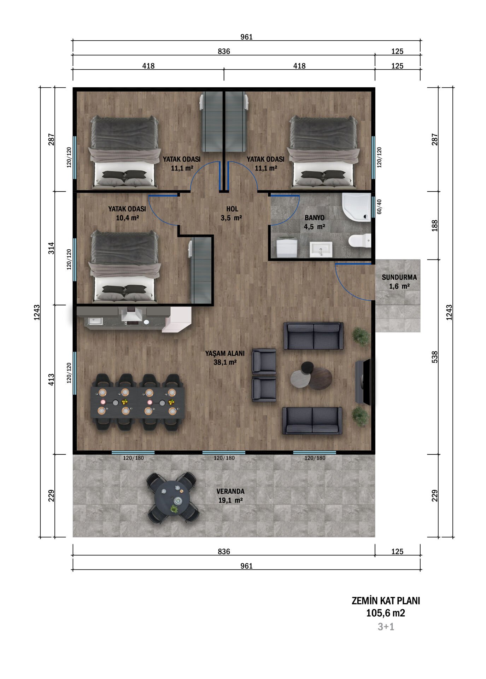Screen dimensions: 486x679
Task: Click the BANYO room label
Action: (314, 217)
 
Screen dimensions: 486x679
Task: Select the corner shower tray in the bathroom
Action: (356, 207)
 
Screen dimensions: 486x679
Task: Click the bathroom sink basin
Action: (321, 249)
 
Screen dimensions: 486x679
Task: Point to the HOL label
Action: (232, 209)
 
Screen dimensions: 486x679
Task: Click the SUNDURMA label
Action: (399, 277)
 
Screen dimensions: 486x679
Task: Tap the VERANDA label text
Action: (230, 491)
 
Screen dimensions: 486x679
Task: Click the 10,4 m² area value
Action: (127, 218)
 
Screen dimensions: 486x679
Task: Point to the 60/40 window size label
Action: (379, 207)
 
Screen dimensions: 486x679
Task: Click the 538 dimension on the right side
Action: (435, 357)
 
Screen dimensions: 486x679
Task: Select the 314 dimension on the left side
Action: (52, 248)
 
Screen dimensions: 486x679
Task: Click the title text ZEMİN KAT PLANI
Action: (386, 600)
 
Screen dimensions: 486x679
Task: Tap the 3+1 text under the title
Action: (386, 627)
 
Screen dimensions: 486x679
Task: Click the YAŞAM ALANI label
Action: (225, 353)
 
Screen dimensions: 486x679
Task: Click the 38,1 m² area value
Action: (225, 362)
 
